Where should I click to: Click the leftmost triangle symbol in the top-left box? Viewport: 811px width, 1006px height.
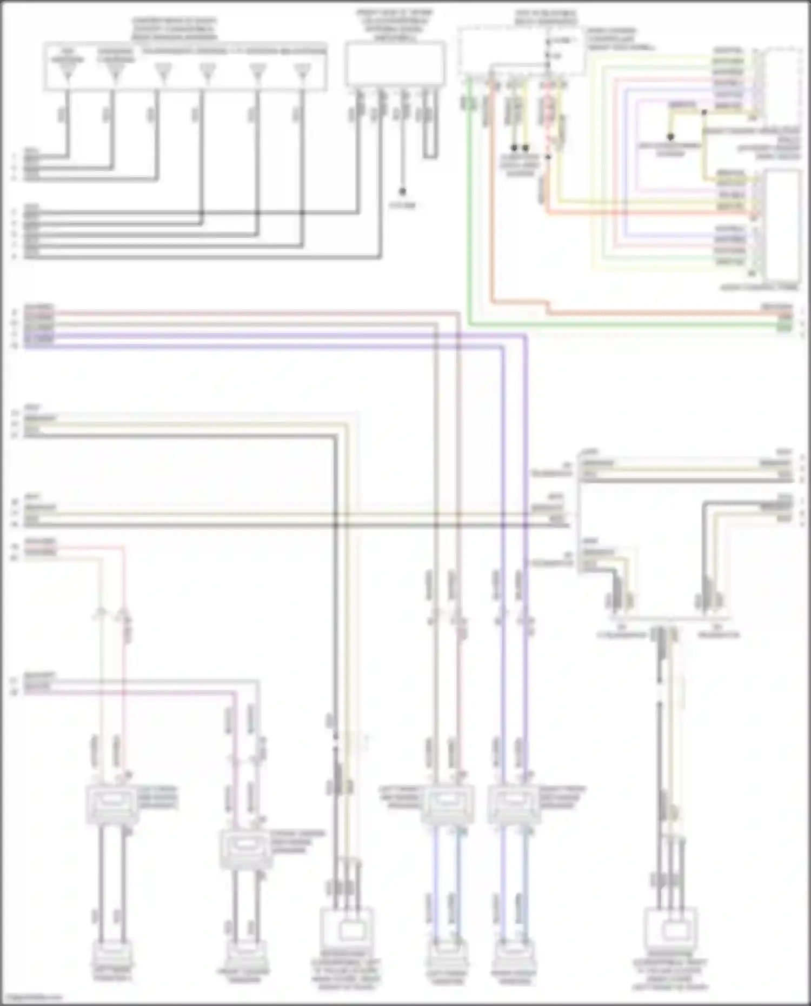point(68,72)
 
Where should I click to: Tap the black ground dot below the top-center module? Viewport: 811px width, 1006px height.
point(402,191)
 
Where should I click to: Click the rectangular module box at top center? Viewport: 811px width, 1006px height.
point(395,64)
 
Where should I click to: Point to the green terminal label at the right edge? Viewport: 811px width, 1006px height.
point(784,325)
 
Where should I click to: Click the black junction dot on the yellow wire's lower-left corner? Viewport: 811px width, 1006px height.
point(670,137)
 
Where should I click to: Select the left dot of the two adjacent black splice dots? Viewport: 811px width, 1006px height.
point(514,148)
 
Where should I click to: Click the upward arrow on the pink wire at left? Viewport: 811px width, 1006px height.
point(123,614)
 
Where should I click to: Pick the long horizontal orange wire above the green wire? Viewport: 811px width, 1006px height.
point(649,313)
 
